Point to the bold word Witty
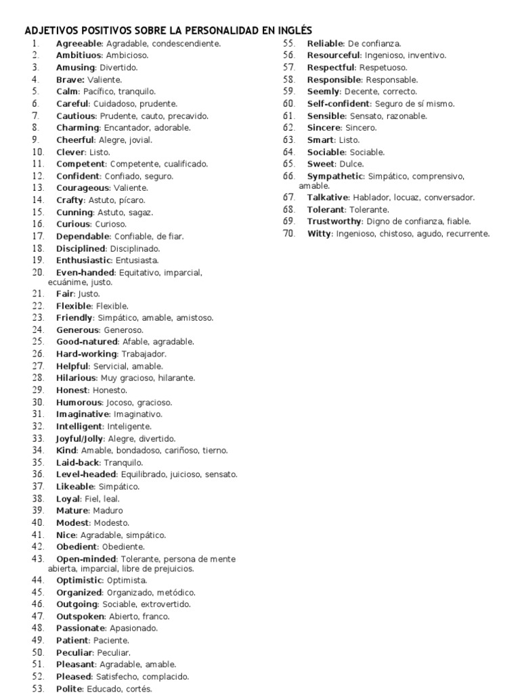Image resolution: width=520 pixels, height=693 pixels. [x=319, y=233]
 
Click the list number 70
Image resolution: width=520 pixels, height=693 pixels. [x=289, y=233]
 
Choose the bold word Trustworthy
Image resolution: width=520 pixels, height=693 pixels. [x=334, y=221]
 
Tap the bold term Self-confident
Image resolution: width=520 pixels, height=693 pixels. [x=338, y=104]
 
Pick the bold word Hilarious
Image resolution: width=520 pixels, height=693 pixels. [x=77, y=378]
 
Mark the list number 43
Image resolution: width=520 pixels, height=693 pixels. [x=37, y=559]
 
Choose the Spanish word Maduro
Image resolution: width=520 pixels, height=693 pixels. [x=108, y=510]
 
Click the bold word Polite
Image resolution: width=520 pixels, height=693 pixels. [x=70, y=689]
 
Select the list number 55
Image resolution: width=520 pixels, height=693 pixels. [x=289, y=44]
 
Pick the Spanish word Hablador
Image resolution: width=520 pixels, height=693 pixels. [x=365, y=198]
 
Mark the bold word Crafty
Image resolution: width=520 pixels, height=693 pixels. [x=70, y=200]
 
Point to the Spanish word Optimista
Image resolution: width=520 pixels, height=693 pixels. [x=127, y=581]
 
